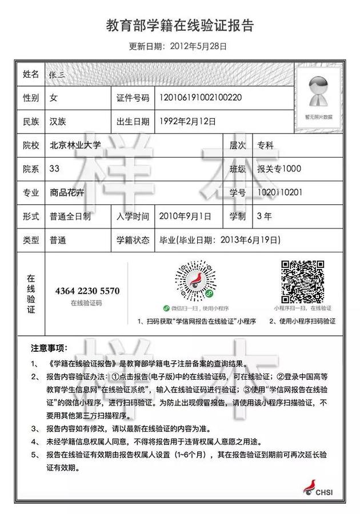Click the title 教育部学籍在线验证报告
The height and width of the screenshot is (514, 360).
tap(179, 26)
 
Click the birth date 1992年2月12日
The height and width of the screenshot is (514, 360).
tap(189, 121)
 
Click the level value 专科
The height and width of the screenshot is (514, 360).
tap(265, 145)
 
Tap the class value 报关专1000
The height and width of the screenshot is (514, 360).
tap(279, 169)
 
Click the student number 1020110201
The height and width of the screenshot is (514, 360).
tap(279, 192)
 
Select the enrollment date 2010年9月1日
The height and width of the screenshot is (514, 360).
tap(186, 216)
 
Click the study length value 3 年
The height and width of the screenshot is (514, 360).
tap(265, 216)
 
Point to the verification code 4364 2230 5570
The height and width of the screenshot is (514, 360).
tap(87, 291)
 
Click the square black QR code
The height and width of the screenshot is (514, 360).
tap(302, 282)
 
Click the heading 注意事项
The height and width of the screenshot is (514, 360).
tap(49, 347)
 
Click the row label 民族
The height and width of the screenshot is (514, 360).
tap(31, 121)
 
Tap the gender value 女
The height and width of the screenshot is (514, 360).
tap(54, 98)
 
